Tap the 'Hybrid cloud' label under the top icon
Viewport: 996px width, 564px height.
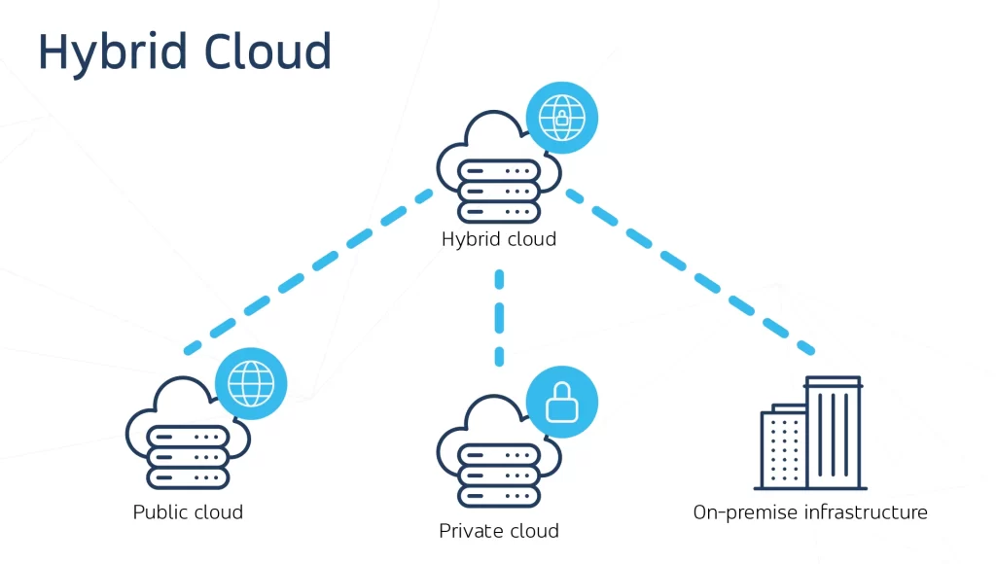[x=498, y=238]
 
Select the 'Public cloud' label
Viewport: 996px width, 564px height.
[x=188, y=511]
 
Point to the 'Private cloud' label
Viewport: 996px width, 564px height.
[x=498, y=531]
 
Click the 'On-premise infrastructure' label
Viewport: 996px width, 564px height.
[x=809, y=511]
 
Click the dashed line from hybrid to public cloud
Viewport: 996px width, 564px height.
[x=309, y=271]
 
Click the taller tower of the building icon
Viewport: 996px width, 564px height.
[x=834, y=432]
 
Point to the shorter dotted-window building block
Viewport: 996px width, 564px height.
[x=783, y=446]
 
